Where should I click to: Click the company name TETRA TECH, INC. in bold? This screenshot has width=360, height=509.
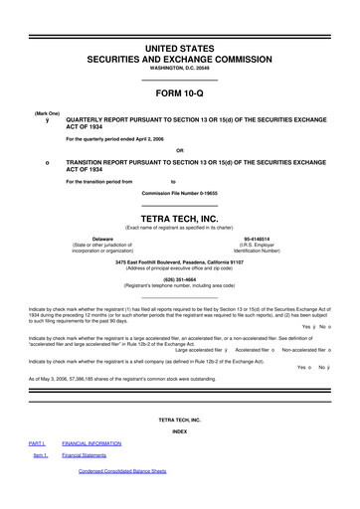point(179,215)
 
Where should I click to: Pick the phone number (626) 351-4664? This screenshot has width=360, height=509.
point(179,280)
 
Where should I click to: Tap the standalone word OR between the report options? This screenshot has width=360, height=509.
point(179,150)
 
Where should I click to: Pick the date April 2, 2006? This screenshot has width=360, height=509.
point(148,140)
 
